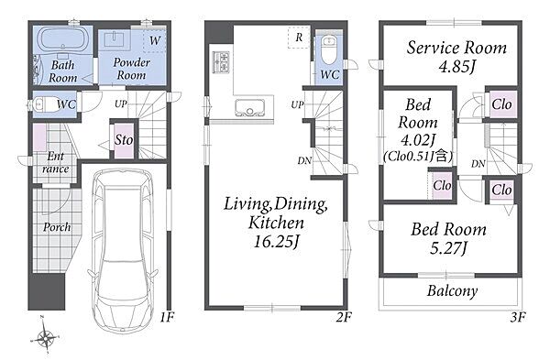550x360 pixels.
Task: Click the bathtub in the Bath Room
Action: click(x=63, y=39)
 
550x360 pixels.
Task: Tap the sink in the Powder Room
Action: click(x=115, y=39)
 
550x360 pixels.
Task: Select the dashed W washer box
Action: click(x=154, y=40)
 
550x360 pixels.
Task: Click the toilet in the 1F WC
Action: click(x=40, y=104)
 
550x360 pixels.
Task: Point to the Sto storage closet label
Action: click(x=124, y=140)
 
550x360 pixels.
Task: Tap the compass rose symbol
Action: click(x=46, y=337)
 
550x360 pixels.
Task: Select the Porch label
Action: click(x=57, y=227)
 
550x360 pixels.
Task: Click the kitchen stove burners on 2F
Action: click(x=221, y=62)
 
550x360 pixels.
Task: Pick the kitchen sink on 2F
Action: click(x=249, y=108)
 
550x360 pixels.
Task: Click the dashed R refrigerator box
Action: click(x=299, y=38)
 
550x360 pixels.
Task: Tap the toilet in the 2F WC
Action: click(x=329, y=49)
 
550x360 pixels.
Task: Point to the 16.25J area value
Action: click(x=276, y=242)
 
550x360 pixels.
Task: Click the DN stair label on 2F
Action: click(x=304, y=161)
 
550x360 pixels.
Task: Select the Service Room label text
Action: click(x=456, y=48)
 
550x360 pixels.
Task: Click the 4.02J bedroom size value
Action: click(x=417, y=140)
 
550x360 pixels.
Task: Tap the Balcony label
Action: click(x=453, y=291)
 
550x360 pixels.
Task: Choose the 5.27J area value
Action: click(x=448, y=248)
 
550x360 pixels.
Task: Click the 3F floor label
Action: click(x=518, y=318)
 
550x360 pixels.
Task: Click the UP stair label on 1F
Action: click(x=121, y=104)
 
